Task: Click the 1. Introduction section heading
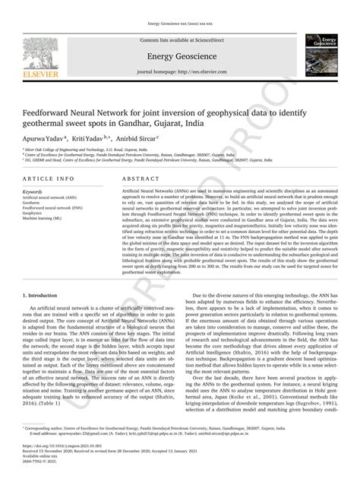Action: point(39,294)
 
